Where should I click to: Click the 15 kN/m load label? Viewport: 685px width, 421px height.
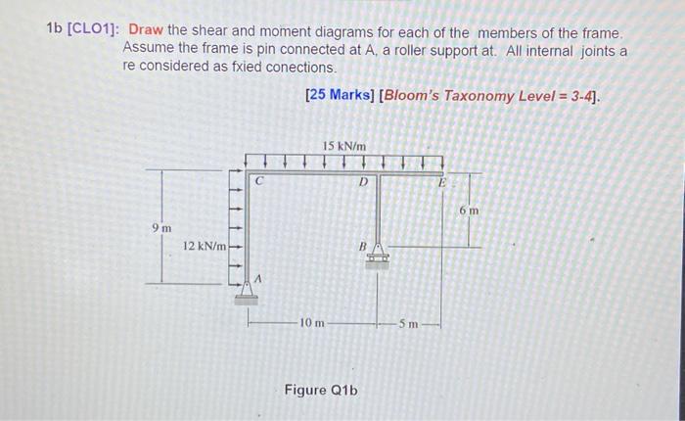[344, 147]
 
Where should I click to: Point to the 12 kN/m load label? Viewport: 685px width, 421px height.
[204, 246]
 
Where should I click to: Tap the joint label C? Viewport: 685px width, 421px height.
[259, 181]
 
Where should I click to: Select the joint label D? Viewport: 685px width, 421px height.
[364, 181]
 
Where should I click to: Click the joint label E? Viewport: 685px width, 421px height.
[441, 182]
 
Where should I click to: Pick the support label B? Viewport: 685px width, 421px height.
[361, 247]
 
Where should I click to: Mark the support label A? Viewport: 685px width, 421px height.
[258, 280]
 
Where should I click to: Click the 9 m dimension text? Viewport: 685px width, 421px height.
[160, 228]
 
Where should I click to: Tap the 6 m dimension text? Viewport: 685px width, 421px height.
[471, 210]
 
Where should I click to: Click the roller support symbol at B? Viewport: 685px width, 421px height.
[378, 256]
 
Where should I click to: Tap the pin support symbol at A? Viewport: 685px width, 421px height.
[242, 289]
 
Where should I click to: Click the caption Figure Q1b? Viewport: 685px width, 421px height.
[320, 390]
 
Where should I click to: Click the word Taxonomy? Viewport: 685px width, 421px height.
[483, 95]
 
